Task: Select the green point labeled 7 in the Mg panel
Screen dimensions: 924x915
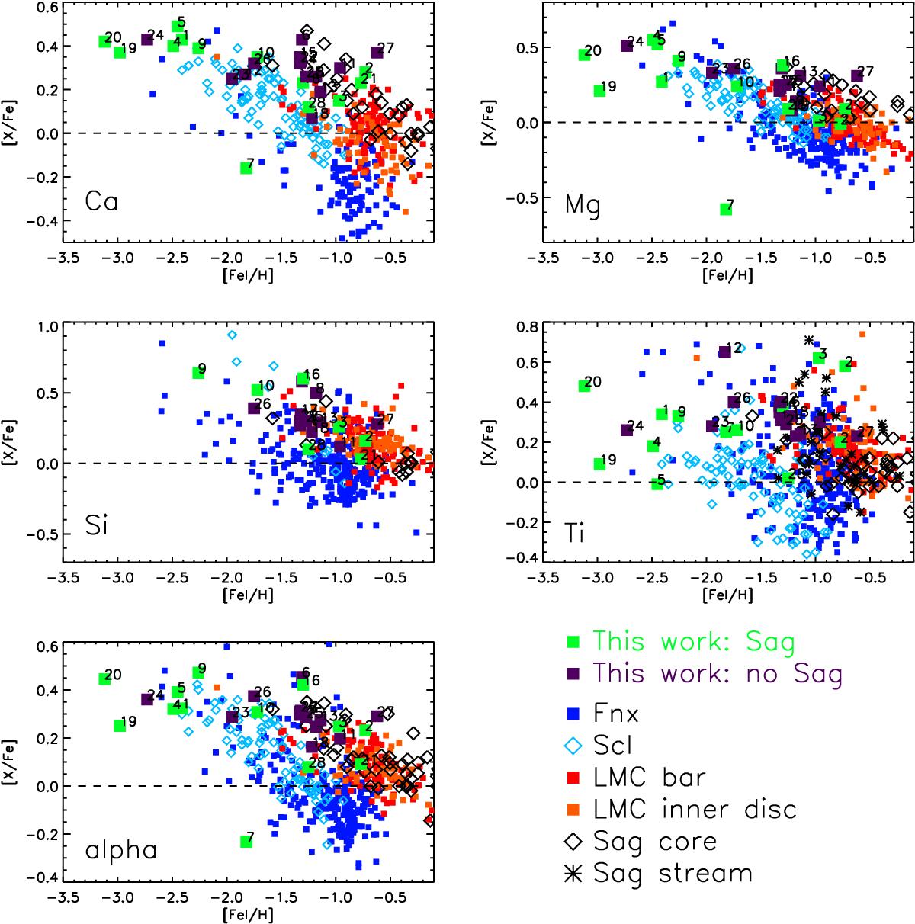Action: tap(725, 210)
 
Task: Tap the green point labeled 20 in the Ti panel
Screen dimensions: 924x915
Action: tap(585, 386)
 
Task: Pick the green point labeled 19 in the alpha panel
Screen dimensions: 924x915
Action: tap(120, 726)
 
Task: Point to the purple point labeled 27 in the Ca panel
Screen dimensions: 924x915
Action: tap(376, 53)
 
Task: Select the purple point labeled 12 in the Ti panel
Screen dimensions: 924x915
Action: tap(725, 352)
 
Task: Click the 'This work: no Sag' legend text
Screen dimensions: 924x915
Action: tap(718, 673)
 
